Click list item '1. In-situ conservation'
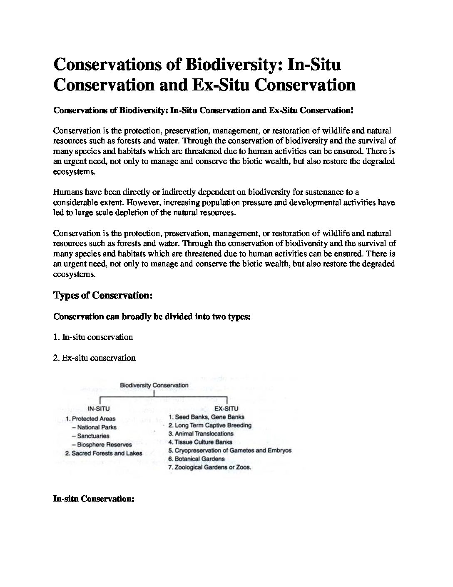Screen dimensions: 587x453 click(x=93, y=337)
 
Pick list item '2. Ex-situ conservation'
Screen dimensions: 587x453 click(x=95, y=358)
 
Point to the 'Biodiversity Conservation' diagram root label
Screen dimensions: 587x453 click(x=154, y=386)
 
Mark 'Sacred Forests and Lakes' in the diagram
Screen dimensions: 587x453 click(x=107, y=454)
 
